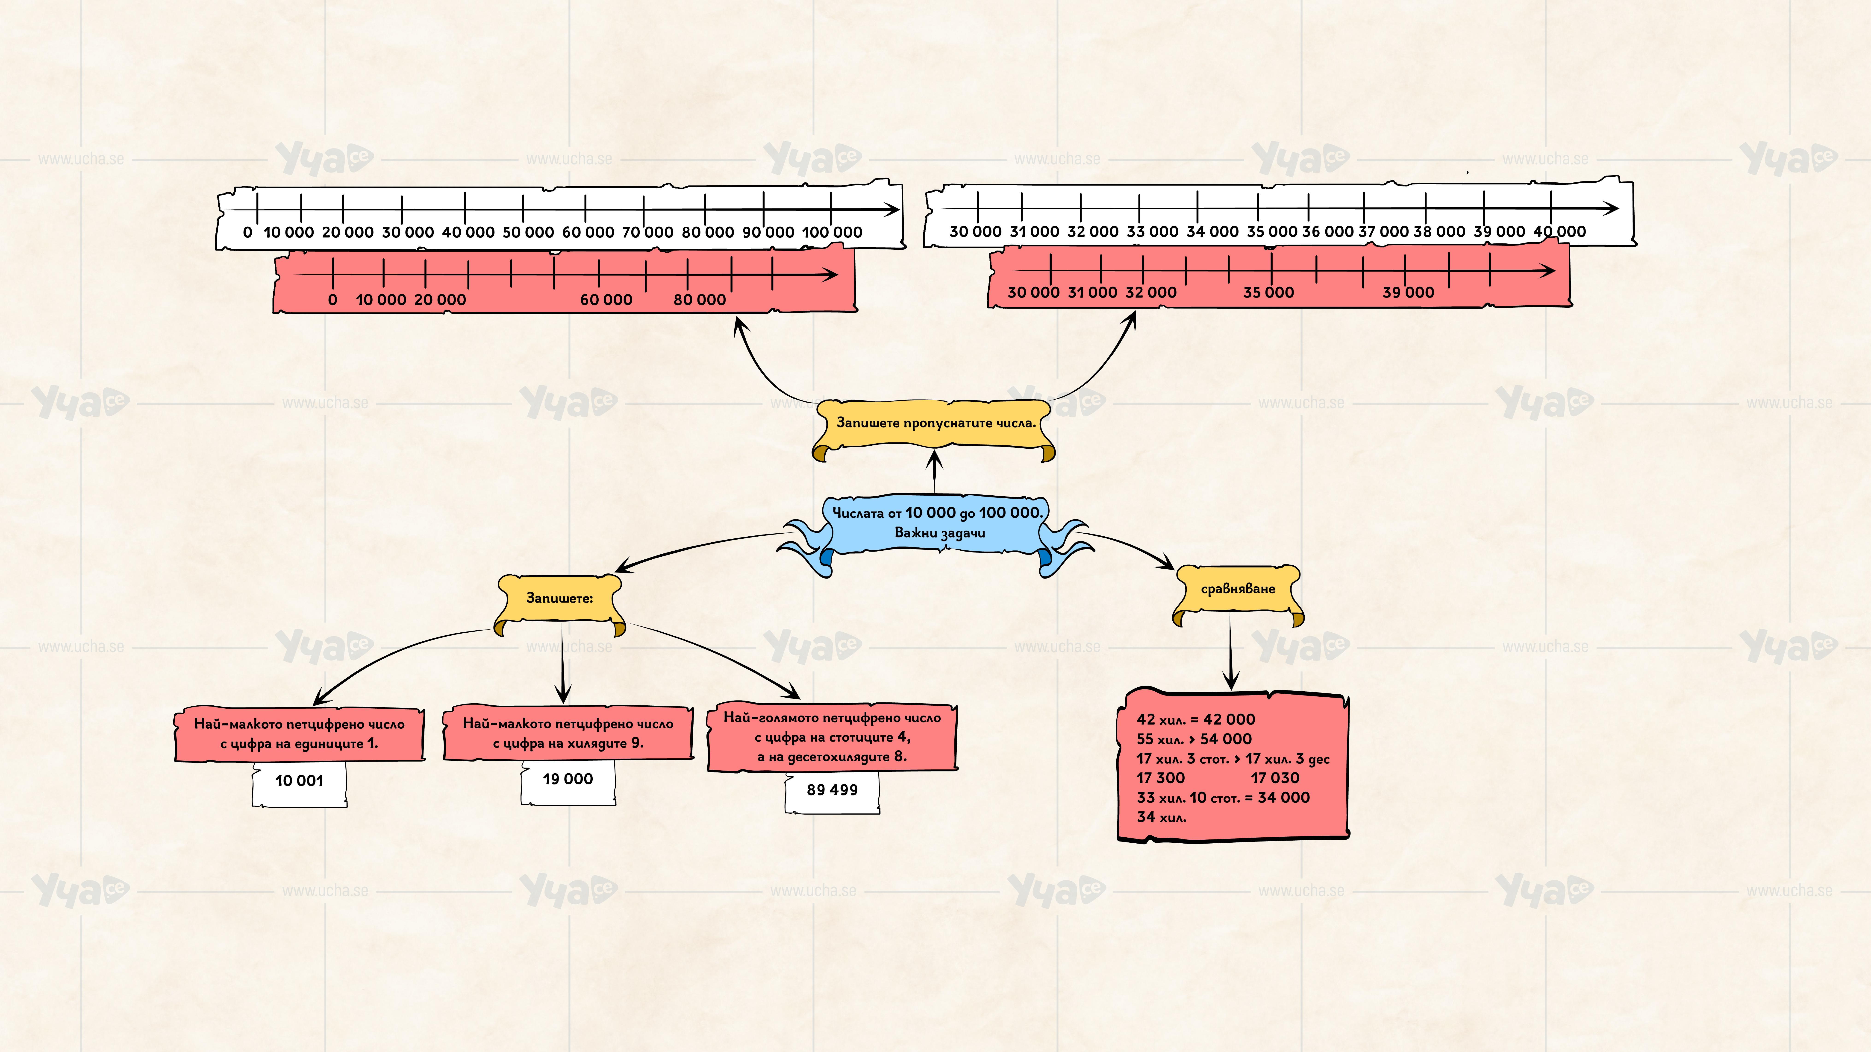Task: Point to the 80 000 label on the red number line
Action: [x=700, y=300]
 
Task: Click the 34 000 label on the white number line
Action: [x=1212, y=232]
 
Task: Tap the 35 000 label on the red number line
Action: [x=1268, y=292]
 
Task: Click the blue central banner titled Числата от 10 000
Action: [x=937, y=523]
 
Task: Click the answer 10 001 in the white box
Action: [x=299, y=781]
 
